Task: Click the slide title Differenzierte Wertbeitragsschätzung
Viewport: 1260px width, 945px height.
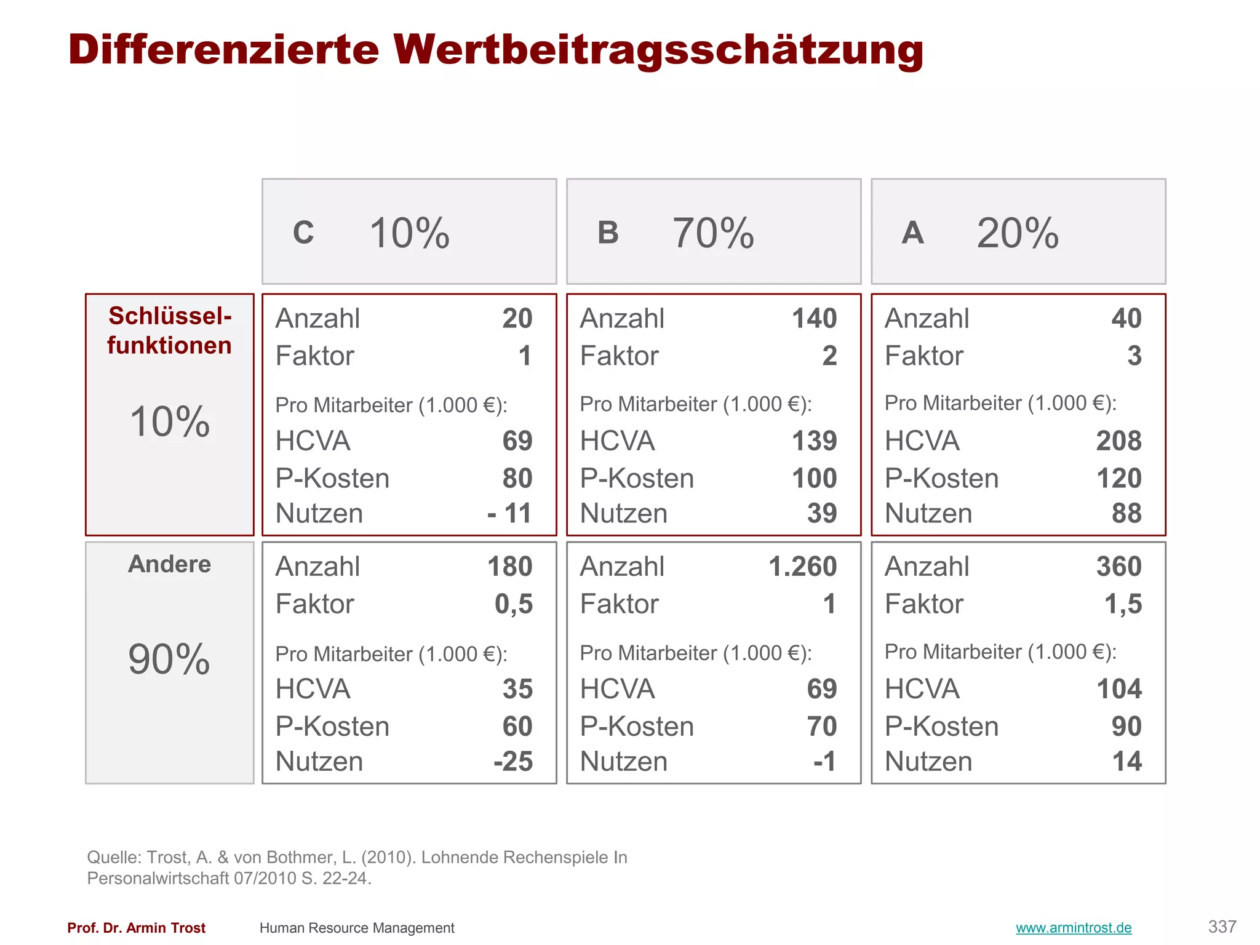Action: point(495,49)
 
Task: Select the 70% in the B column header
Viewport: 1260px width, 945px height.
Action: point(713,233)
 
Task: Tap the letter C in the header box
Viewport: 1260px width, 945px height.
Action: point(303,233)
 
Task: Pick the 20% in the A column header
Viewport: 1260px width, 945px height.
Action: point(1018,233)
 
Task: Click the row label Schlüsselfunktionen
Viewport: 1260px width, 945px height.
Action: point(169,331)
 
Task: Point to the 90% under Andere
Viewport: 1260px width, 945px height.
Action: point(169,659)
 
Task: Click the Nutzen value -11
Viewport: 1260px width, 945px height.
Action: point(509,513)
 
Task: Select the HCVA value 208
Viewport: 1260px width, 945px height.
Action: point(1118,441)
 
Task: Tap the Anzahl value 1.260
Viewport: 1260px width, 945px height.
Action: point(802,567)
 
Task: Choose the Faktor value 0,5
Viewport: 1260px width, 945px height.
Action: point(514,604)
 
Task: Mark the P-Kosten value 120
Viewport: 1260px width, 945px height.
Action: point(1118,479)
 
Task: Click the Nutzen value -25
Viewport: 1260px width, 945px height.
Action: point(513,762)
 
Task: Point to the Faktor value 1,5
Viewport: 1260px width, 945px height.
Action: point(1123,604)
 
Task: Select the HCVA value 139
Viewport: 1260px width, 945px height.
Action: point(814,441)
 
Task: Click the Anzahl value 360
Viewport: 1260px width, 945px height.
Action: point(1118,567)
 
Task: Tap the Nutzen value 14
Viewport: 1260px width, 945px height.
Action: point(1126,762)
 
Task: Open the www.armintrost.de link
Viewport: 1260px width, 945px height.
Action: point(1074,928)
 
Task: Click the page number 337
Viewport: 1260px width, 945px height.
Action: point(1222,927)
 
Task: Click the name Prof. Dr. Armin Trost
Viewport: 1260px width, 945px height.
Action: point(136,928)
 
